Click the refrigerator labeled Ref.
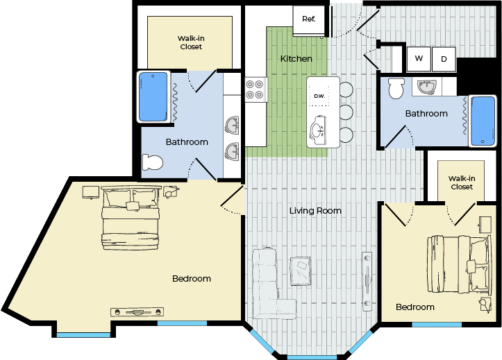(309, 20)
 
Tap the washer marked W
(419, 59)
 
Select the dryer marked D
(444, 59)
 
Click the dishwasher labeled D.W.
(319, 96)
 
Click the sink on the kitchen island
(318, 130)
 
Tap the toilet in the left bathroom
(152, 162)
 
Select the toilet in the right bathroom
(396, 88)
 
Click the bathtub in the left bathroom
(153, 97)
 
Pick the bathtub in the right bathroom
(483, 121)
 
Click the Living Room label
(315, 211)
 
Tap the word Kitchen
(296, 59)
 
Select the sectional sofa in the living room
(271, 284)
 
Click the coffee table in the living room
(301, 271)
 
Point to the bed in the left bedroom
(131, 217)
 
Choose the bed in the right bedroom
(459, 264)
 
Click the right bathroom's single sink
(426, 87)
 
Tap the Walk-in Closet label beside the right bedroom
(462, 182)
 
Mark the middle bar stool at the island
(346, 112)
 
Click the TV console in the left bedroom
(137, 312)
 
